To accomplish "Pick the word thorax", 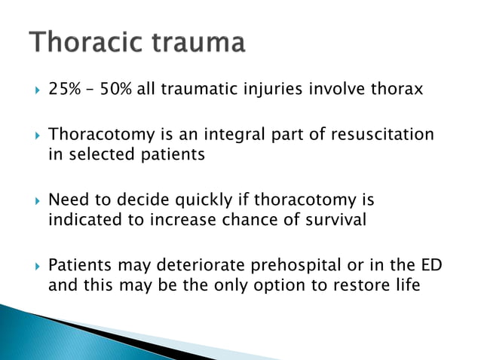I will pos(397,90).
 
